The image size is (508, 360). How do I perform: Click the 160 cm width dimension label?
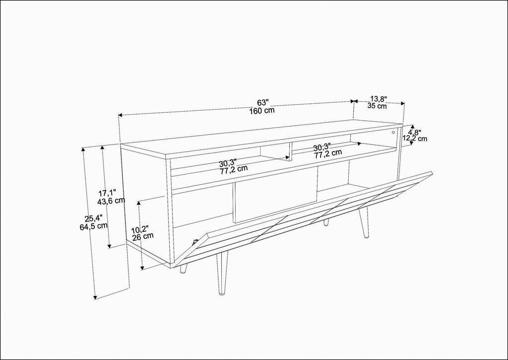coord(262,110)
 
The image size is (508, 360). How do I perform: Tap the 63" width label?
coord(263,102)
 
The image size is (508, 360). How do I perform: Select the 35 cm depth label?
coord(377,106)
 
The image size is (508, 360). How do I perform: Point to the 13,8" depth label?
coord(379,98)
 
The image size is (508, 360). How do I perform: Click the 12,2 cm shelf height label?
coord(415,139)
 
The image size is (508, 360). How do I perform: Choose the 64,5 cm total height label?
coord(94,226)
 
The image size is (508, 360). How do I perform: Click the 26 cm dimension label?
coord(143,236)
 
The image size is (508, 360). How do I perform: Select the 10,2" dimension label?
coord(140,229)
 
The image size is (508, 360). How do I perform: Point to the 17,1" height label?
coord(107,193)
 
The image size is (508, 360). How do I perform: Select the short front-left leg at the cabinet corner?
coord(184,269)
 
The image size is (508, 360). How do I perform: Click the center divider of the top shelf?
coord(290,151)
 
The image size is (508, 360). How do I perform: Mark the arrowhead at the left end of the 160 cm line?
coord(120,115)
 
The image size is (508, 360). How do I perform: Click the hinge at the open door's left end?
coord(195,241)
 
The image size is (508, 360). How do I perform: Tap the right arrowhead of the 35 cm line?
coord(403,103)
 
